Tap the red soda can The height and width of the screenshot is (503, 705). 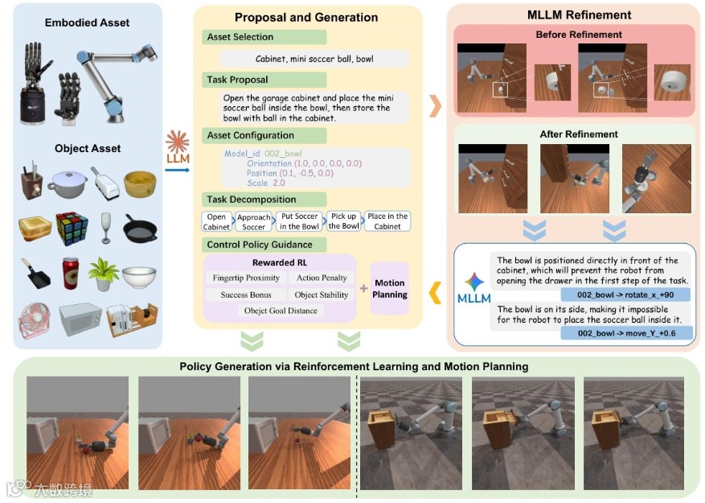(x=71, y=274)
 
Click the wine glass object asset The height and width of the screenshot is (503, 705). (x=103, y=227)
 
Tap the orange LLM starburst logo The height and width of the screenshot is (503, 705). (x=177, y=144)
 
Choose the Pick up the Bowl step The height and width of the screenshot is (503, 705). (x=344, y=221)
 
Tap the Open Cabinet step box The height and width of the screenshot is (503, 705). (x=217, y=221)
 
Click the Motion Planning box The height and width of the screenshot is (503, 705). (x=390, y=289)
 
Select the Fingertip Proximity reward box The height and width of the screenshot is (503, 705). (x=246, y=278)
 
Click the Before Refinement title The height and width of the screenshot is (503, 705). (x=579, y=35)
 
